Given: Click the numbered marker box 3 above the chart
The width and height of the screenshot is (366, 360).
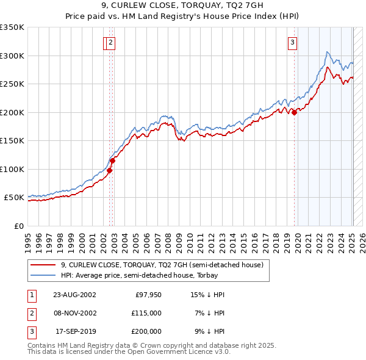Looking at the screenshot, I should pos(293,43).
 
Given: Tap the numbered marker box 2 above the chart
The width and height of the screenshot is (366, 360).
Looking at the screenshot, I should pos(110,43).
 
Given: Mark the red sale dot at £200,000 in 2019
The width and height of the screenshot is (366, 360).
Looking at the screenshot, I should pos(294,112).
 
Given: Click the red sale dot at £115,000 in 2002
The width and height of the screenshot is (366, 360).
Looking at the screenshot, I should pos(113,160).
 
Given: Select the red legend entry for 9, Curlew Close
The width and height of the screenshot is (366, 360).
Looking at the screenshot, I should pos(162,265).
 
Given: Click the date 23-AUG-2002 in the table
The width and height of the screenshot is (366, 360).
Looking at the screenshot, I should pos(74,295).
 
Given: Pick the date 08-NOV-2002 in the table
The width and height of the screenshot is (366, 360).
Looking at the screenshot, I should pos(74,313).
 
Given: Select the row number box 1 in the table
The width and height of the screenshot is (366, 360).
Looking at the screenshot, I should pos(31,295).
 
